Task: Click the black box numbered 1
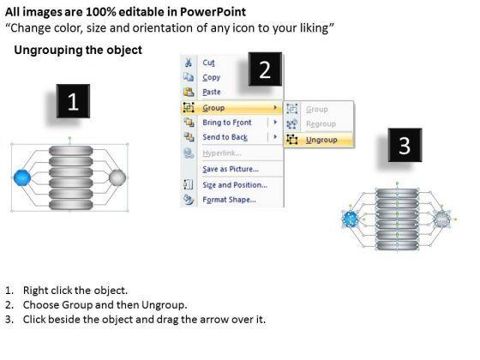(x=73, y=101)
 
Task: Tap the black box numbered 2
(x=265, y=69)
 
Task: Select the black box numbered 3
(x=405, y=145)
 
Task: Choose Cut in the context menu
(x=209, y=63)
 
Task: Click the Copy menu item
(x=211, y=77)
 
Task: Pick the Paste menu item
(x=212, y=92)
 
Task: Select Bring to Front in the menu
(x=227, y=123)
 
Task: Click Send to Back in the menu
(x=225, y=137)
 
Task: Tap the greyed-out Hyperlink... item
(x=222, y=153)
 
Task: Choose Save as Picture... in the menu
(x=231, y=169)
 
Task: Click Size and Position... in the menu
(x=235, y=185)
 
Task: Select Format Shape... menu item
(x=230, y=200)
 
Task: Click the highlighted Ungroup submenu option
(x=321, y=140)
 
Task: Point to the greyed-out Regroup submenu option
(x=321, y=124)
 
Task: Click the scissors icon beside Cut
(x=189, y=63)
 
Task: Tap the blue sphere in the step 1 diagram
(x=22, y=177)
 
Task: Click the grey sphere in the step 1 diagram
(x=117, y=177)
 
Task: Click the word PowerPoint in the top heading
(x=213, y=12)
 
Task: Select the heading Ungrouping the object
(x=78, y=50)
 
